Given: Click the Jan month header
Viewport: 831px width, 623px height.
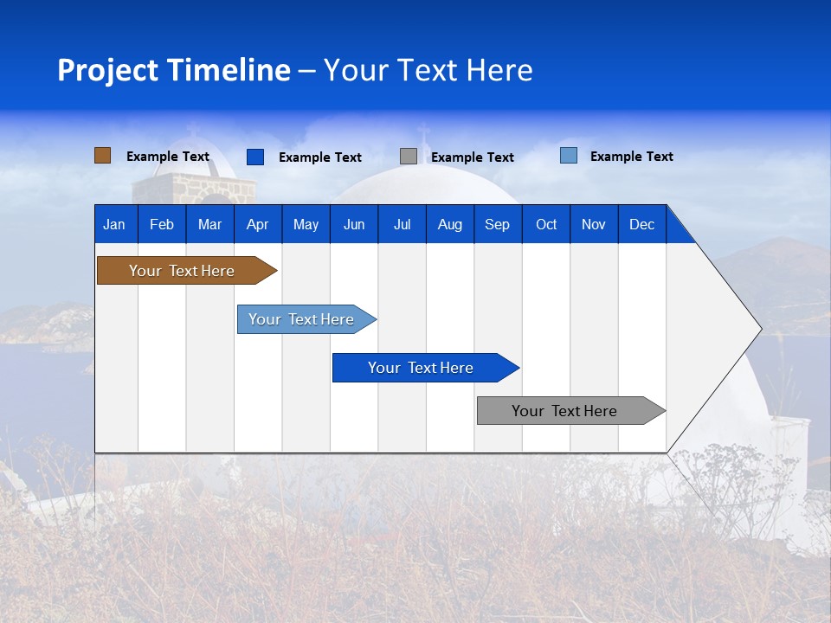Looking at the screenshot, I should tap(114, 224).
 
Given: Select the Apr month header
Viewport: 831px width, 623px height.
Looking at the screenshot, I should tap(257, 224).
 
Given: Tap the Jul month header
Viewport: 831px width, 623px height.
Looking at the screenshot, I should tap(402, 224).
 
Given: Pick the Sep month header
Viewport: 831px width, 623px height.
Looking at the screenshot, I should tap(497, 224).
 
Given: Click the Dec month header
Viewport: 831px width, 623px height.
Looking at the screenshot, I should tap(641, 224).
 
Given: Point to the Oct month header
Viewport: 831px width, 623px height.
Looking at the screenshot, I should tap(546, 224).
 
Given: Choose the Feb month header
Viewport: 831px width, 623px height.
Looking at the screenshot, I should tap(161, 224).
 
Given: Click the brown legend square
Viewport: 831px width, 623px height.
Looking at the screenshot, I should tap(102, 156).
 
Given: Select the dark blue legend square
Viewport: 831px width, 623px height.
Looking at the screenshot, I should tap(254, 157).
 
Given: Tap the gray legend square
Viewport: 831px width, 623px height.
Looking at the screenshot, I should tap(408, 157).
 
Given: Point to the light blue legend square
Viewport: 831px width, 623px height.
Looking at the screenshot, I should tap(568, 156).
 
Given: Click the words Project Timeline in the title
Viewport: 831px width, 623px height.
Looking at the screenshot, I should tap(173, 70).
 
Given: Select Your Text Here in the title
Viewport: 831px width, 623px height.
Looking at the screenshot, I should tap(428, 70).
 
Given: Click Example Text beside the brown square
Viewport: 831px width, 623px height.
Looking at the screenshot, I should tap(168, 157).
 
